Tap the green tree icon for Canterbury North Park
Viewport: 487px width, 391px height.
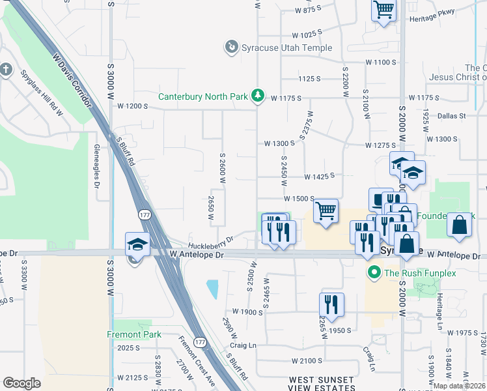click(x=258, y=96)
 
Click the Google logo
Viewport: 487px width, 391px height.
click(x=21, y=383)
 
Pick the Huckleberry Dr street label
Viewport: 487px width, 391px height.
click(x=210, y=241)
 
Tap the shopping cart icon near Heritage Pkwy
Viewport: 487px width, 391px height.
click(x=383, y=10)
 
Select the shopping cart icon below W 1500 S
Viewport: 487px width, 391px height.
click(x=326, y=210)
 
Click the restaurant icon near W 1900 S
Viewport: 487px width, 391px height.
click(x=331, y=304)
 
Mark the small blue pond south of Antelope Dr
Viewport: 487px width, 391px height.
click(x=212, y=287)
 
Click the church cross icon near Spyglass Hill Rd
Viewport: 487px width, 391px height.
click(x=6, y=69)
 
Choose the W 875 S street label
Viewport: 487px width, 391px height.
click(x=308, y=10)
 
